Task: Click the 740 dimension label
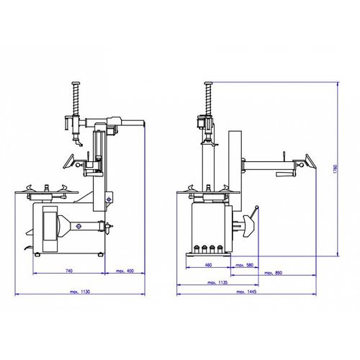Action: pos(69,271)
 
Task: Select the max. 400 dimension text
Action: pos(125,271)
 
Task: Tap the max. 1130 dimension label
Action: pos(80,292)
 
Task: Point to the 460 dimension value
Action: pos(209,265)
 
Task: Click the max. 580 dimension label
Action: pos(245,265)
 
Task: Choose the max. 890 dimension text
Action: pos(274,273)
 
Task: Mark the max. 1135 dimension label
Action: pos(217,282)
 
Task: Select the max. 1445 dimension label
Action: pos(246,292)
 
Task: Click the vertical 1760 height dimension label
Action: pos(336,169)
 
